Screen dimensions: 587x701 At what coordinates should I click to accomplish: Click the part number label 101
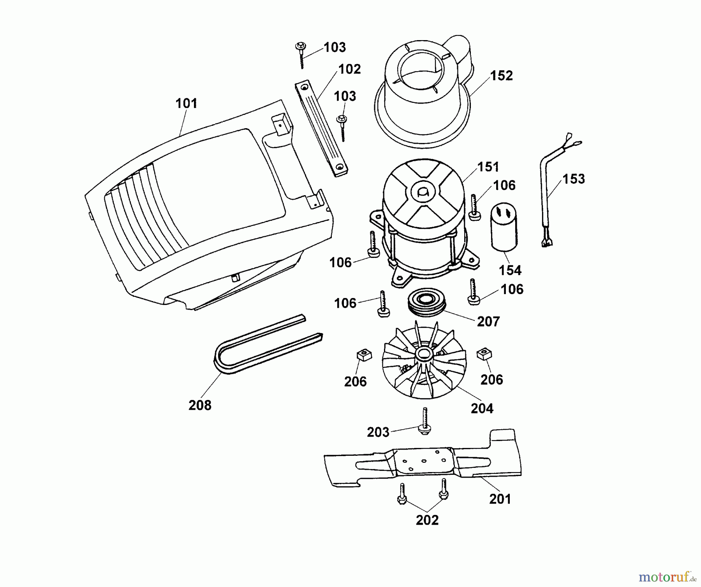[186, 104]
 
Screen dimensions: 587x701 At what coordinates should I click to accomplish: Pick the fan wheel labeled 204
[424, 361]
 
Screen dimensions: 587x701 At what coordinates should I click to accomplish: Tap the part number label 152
[501, 76]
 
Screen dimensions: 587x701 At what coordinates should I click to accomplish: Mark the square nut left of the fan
[364, 355]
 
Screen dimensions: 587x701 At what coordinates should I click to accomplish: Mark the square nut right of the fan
[484, 354]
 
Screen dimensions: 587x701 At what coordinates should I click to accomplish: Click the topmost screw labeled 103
[301, 55]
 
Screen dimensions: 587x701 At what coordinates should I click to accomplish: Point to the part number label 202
[427, 520]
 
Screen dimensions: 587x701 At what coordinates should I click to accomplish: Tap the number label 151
[488, 167]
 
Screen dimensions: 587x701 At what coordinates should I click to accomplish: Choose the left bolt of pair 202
[402, 495]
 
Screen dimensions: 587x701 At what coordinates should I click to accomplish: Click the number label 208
[200, 405]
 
